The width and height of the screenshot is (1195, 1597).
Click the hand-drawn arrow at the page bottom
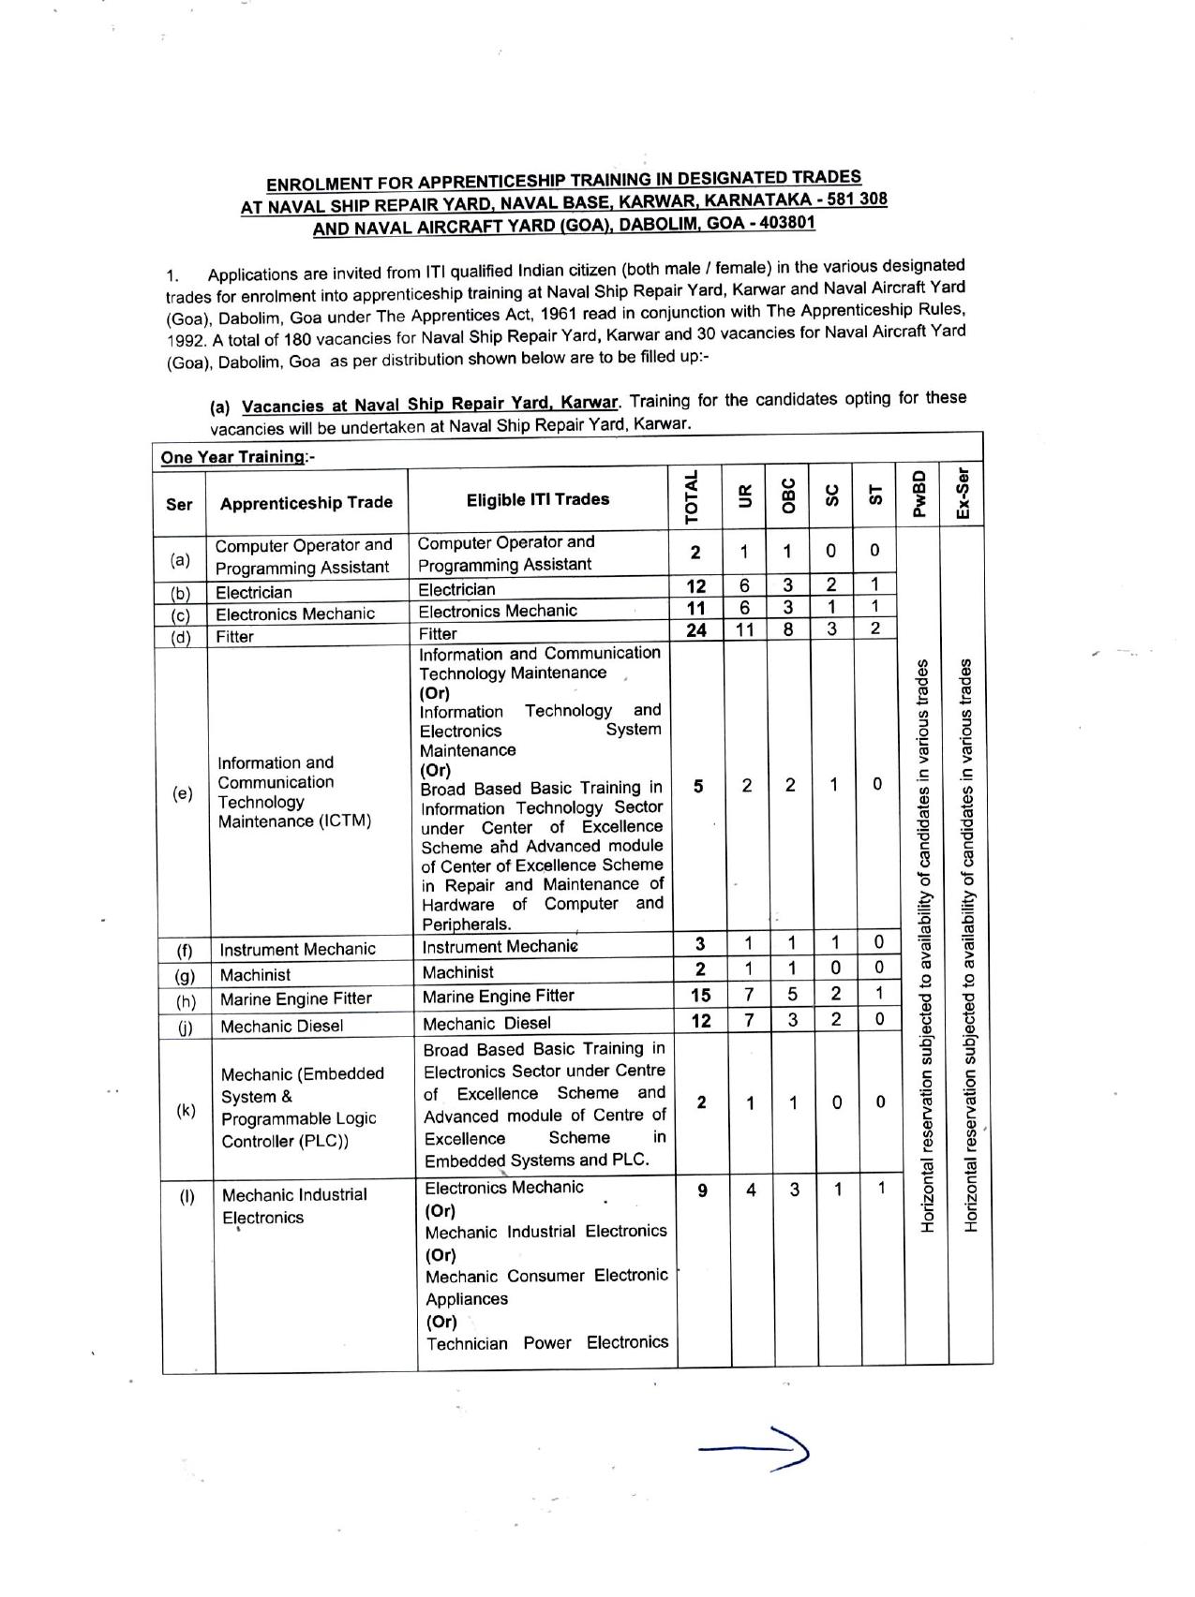point(755,1450)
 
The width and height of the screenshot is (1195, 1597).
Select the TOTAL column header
point(693,496)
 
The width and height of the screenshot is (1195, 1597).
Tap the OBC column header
point(788,496)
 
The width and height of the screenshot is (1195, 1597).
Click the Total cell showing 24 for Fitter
point(696,629)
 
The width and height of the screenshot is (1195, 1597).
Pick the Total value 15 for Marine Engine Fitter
point(700,995)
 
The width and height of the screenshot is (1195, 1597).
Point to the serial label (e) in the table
point(182,793)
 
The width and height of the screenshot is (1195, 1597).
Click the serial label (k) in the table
point(187,1111)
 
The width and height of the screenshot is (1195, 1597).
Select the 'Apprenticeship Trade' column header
point(306,503)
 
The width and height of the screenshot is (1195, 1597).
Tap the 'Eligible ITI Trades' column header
point(538,499)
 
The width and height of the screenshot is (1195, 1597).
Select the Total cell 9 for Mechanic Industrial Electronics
point(702,1190)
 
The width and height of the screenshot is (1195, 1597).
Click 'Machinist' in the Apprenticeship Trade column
point(255,975)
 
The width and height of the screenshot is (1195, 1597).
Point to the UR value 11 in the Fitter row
point(744,629)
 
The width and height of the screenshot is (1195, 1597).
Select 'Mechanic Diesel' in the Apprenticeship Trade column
point(281,1026)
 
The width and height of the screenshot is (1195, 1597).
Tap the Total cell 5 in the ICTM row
point(699,787)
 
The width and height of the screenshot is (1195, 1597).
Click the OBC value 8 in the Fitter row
point(788,629)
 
